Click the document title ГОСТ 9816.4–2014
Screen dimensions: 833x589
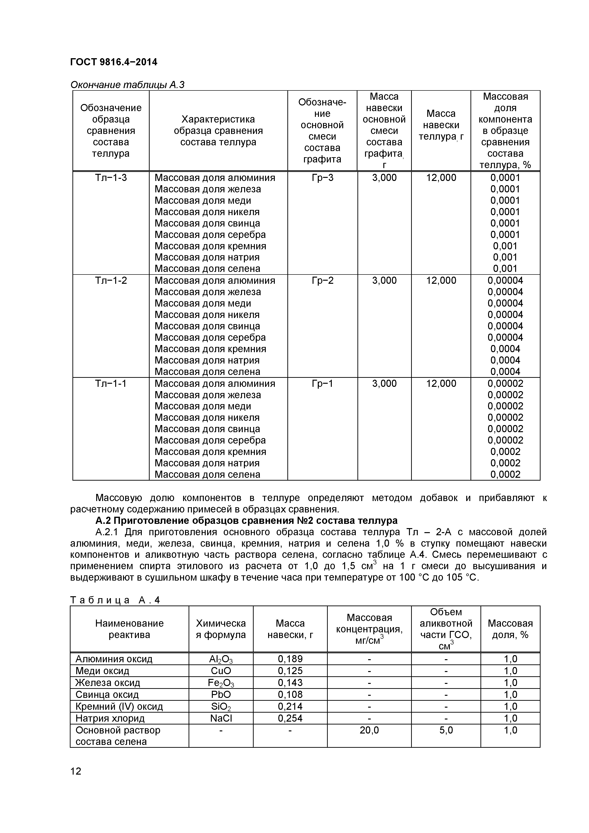tap(114, 62)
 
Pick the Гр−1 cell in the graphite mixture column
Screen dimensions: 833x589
tap(322, 383)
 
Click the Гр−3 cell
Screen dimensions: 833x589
tap(322, 178)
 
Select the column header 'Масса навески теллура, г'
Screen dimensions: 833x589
tap(441, 125)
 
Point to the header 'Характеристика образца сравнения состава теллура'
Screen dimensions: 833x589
tap(218, 131)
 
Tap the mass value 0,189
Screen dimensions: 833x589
tap(290, 659)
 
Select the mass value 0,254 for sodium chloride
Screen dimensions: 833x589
tap(290, 718)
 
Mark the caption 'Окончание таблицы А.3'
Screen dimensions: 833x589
tap(127, 85)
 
